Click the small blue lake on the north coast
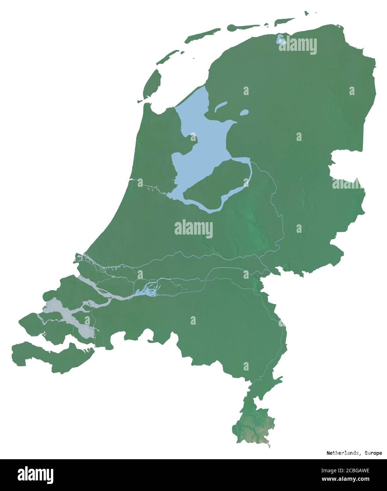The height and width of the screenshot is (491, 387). click(281, 39)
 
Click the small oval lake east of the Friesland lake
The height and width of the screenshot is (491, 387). click(244, 113)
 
